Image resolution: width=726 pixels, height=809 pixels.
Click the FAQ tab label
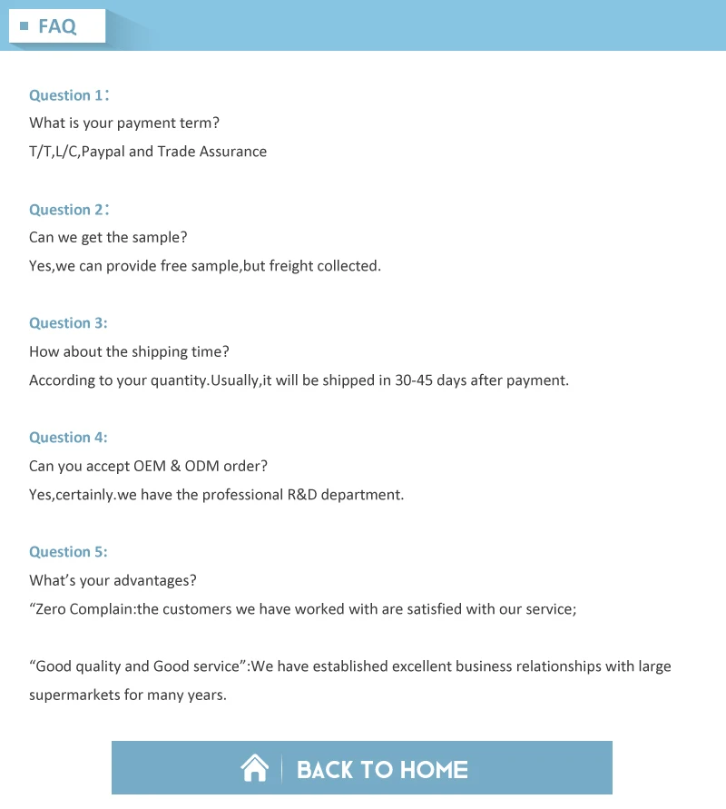click(x=57, y=26)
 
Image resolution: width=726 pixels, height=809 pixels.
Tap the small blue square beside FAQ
click(x=25, y=26)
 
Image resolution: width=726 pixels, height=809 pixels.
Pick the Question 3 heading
click(x=68, y=323)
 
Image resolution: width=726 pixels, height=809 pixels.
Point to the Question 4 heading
click(x=68, y=438)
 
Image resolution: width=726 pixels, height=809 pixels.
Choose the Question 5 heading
click(x=68, y=552)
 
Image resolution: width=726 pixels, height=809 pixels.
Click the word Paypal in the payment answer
click(x=103, y=152)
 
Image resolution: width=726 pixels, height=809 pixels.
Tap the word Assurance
click(x=233, y=152)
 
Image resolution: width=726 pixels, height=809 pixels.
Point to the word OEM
click(x=151, y=467)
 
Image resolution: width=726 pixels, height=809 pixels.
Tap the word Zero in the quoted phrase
click(x=52, y=609)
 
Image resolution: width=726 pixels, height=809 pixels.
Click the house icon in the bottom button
click(x=255, y=769)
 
